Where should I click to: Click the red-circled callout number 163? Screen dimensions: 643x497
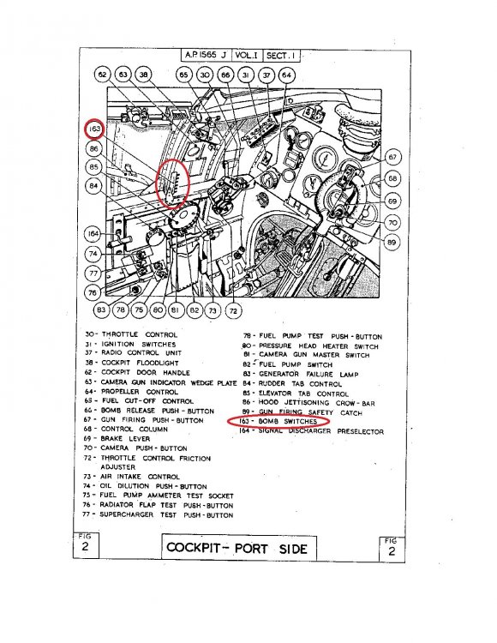click(x=93, y=130)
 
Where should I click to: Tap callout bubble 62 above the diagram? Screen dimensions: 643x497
click(x=104, y=75)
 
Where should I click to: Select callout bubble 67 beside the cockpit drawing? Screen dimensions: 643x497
click(x=392, y=157)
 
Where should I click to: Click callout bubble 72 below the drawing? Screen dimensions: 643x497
click(x=233, y=309)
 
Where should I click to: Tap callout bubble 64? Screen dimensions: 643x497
click(x=287, y=75)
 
